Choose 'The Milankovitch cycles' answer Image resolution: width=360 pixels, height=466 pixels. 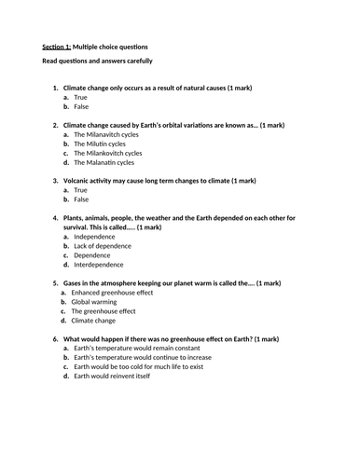pos(108,152)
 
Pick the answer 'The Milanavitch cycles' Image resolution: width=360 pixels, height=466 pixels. pos(107,134)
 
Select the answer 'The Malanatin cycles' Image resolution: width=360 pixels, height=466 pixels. pos(105,161)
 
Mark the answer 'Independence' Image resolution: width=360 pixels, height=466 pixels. pos(96,237)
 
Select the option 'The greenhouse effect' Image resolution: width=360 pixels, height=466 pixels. pos(105,310)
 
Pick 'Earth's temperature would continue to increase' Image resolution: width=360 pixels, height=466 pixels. pos(145,357)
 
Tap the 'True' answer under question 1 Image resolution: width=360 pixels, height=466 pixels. pos(81,97)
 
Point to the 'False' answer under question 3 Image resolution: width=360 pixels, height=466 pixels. pos(82,199)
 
